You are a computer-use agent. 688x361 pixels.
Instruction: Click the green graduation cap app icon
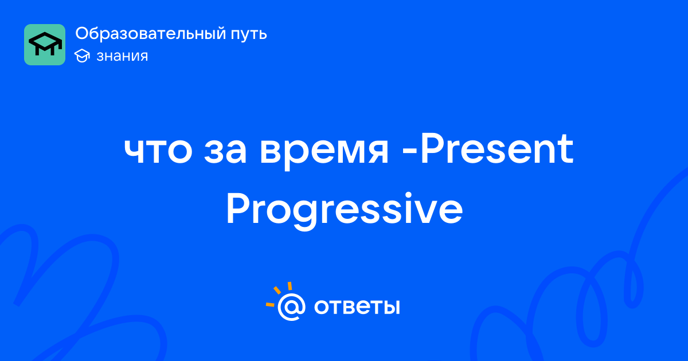click(45, 45)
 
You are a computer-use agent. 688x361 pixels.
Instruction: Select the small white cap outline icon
click(82, 56)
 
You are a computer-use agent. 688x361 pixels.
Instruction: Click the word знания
click(122, 56)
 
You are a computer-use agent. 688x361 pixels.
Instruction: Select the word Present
click(497, 149)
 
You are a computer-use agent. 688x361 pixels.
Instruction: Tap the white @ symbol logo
click(291, 307)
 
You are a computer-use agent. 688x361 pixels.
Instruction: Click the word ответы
click(357, 307)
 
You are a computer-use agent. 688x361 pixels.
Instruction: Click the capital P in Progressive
click(239, 209)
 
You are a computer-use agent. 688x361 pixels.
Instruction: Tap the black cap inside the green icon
click(45, 44)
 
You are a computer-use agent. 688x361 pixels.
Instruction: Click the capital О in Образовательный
click(83, 33)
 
